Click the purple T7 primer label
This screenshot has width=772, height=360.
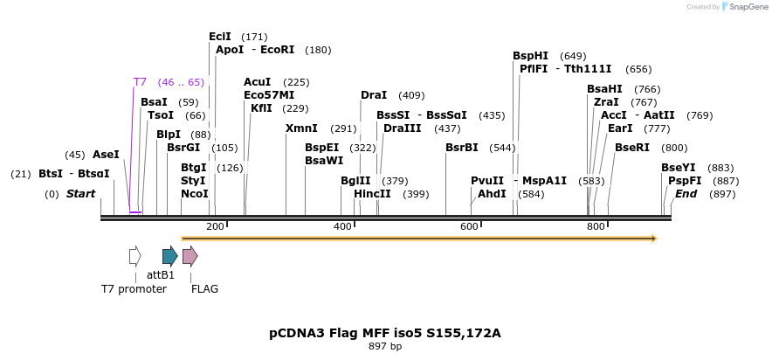[140, 82]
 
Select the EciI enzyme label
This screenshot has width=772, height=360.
[220, 37]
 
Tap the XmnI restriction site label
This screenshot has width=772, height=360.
[301, 128]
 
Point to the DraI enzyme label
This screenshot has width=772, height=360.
[374, 95]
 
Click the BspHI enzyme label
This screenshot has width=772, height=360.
[530, 56]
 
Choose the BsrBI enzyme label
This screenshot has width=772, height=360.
[462, 148]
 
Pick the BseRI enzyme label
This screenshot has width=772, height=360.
[632, 148]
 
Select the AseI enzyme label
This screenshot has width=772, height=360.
[106, 155]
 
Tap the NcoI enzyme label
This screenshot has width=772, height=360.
[195, 194]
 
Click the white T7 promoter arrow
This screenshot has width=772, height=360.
[134, 256]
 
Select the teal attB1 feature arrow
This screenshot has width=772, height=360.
[170, 256]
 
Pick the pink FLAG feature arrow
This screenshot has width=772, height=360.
[190, 256]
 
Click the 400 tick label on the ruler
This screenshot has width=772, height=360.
[342, 227]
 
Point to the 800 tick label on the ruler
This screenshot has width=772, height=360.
[596, 227]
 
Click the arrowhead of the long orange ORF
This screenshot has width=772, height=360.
[653, 238]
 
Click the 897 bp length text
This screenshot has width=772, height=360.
[385, 347]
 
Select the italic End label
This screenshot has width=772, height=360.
[686, 194]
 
